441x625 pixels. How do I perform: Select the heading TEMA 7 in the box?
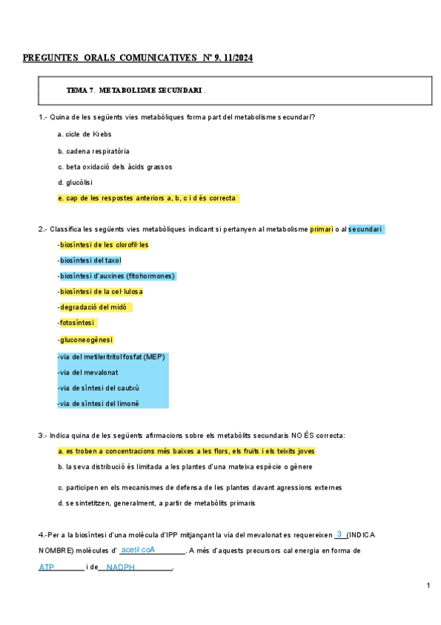click(x=80, y=90)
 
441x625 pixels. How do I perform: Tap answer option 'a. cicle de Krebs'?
click(x=84, y=134)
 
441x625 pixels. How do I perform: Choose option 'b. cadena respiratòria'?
click(x=93, y=150)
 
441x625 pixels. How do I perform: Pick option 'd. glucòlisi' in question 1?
click(x=75, y=182)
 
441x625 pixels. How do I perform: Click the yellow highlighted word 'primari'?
click(x=321, y=229)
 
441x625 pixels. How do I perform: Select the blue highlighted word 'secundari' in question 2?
click(x=365, y=229)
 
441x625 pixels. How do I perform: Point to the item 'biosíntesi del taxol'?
click(x=91, y=260)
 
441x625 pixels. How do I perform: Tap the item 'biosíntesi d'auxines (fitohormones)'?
click(x=118, y=276)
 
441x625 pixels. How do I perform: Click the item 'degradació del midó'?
click(x=95, y=307)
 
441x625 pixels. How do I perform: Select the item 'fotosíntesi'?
click(x=78, y=322)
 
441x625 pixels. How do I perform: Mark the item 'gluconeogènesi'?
click(x=86, y=339)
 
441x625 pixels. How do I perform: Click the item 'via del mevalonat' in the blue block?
click(x=88, y=372)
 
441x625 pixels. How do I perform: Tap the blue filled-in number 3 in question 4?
click(x=339, y=534)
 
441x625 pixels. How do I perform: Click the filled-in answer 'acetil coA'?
click(x=138, y=550)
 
